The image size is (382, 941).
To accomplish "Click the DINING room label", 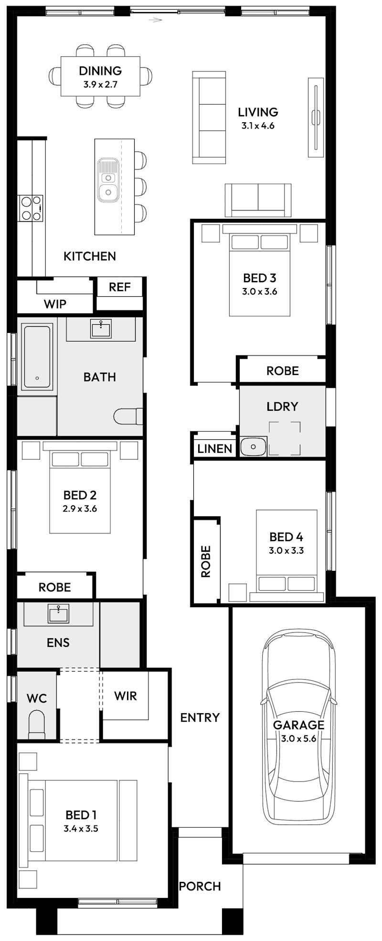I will [x=100, y=71].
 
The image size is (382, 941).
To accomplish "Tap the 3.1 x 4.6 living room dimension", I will [x=258, y=126].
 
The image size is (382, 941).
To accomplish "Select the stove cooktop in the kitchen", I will [x=31, y=208].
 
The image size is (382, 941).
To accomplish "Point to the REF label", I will [x=119, y=287].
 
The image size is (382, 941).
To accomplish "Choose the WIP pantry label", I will [x=55, y=304].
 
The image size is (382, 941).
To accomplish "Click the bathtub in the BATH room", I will [x=37, y=357].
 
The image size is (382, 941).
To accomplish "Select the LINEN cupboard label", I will [x=214, y=449].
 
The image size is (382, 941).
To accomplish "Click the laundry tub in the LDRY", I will [x=253, y=447].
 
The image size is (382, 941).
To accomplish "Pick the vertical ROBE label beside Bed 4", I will [x=206, y=562].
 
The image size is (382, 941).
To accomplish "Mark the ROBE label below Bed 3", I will [x=282, y=371].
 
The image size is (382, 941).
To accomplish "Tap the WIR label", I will [x=126, y=696].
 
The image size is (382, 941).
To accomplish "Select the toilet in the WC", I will [x=37, y=725].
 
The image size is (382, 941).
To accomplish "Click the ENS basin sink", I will [x=59, y=613].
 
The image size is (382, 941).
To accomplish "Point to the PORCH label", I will [x=200, y=887].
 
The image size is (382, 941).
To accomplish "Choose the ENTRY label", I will [x=200, y=717].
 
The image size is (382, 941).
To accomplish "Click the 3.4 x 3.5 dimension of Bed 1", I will [x=81, y=829].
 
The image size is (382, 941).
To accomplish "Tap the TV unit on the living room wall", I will [x=316, y=117].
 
